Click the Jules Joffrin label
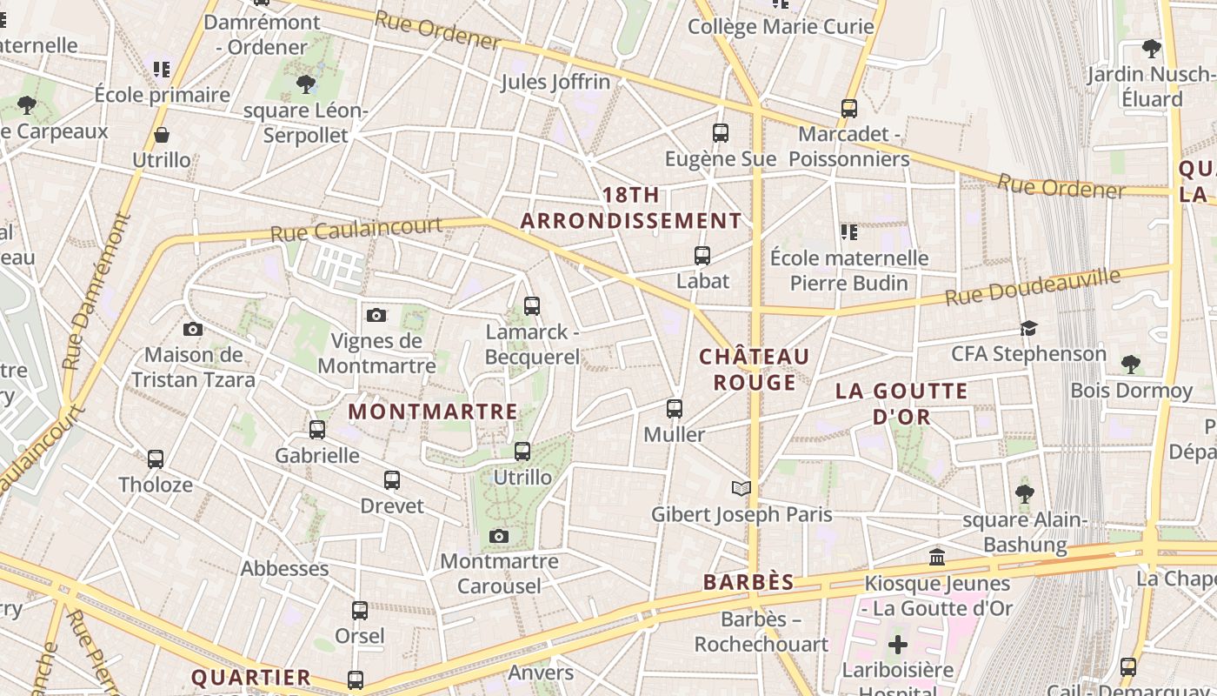click(555, 83)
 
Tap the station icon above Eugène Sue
click(721, 133)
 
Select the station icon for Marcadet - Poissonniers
click(849, 109)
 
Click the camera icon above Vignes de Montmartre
click(376, 315)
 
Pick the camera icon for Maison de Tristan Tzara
click(193, 329)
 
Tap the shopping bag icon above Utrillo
click(162, 135)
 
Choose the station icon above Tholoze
click(156, 458)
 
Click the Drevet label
click(392, 506)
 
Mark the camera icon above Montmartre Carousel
click(499, 536)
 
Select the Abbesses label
click(285, 569)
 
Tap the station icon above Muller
click(675, 408)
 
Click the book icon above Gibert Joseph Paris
click(742, 488)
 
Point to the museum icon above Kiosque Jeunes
click(937, 557)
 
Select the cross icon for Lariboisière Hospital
click(898, 645)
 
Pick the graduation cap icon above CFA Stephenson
click(1029, 328)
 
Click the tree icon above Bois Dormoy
click(1131, 364)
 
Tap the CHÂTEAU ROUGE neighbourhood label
click(755, 370)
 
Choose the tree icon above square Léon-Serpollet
click(305, 84)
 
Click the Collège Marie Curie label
click(781, 27)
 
